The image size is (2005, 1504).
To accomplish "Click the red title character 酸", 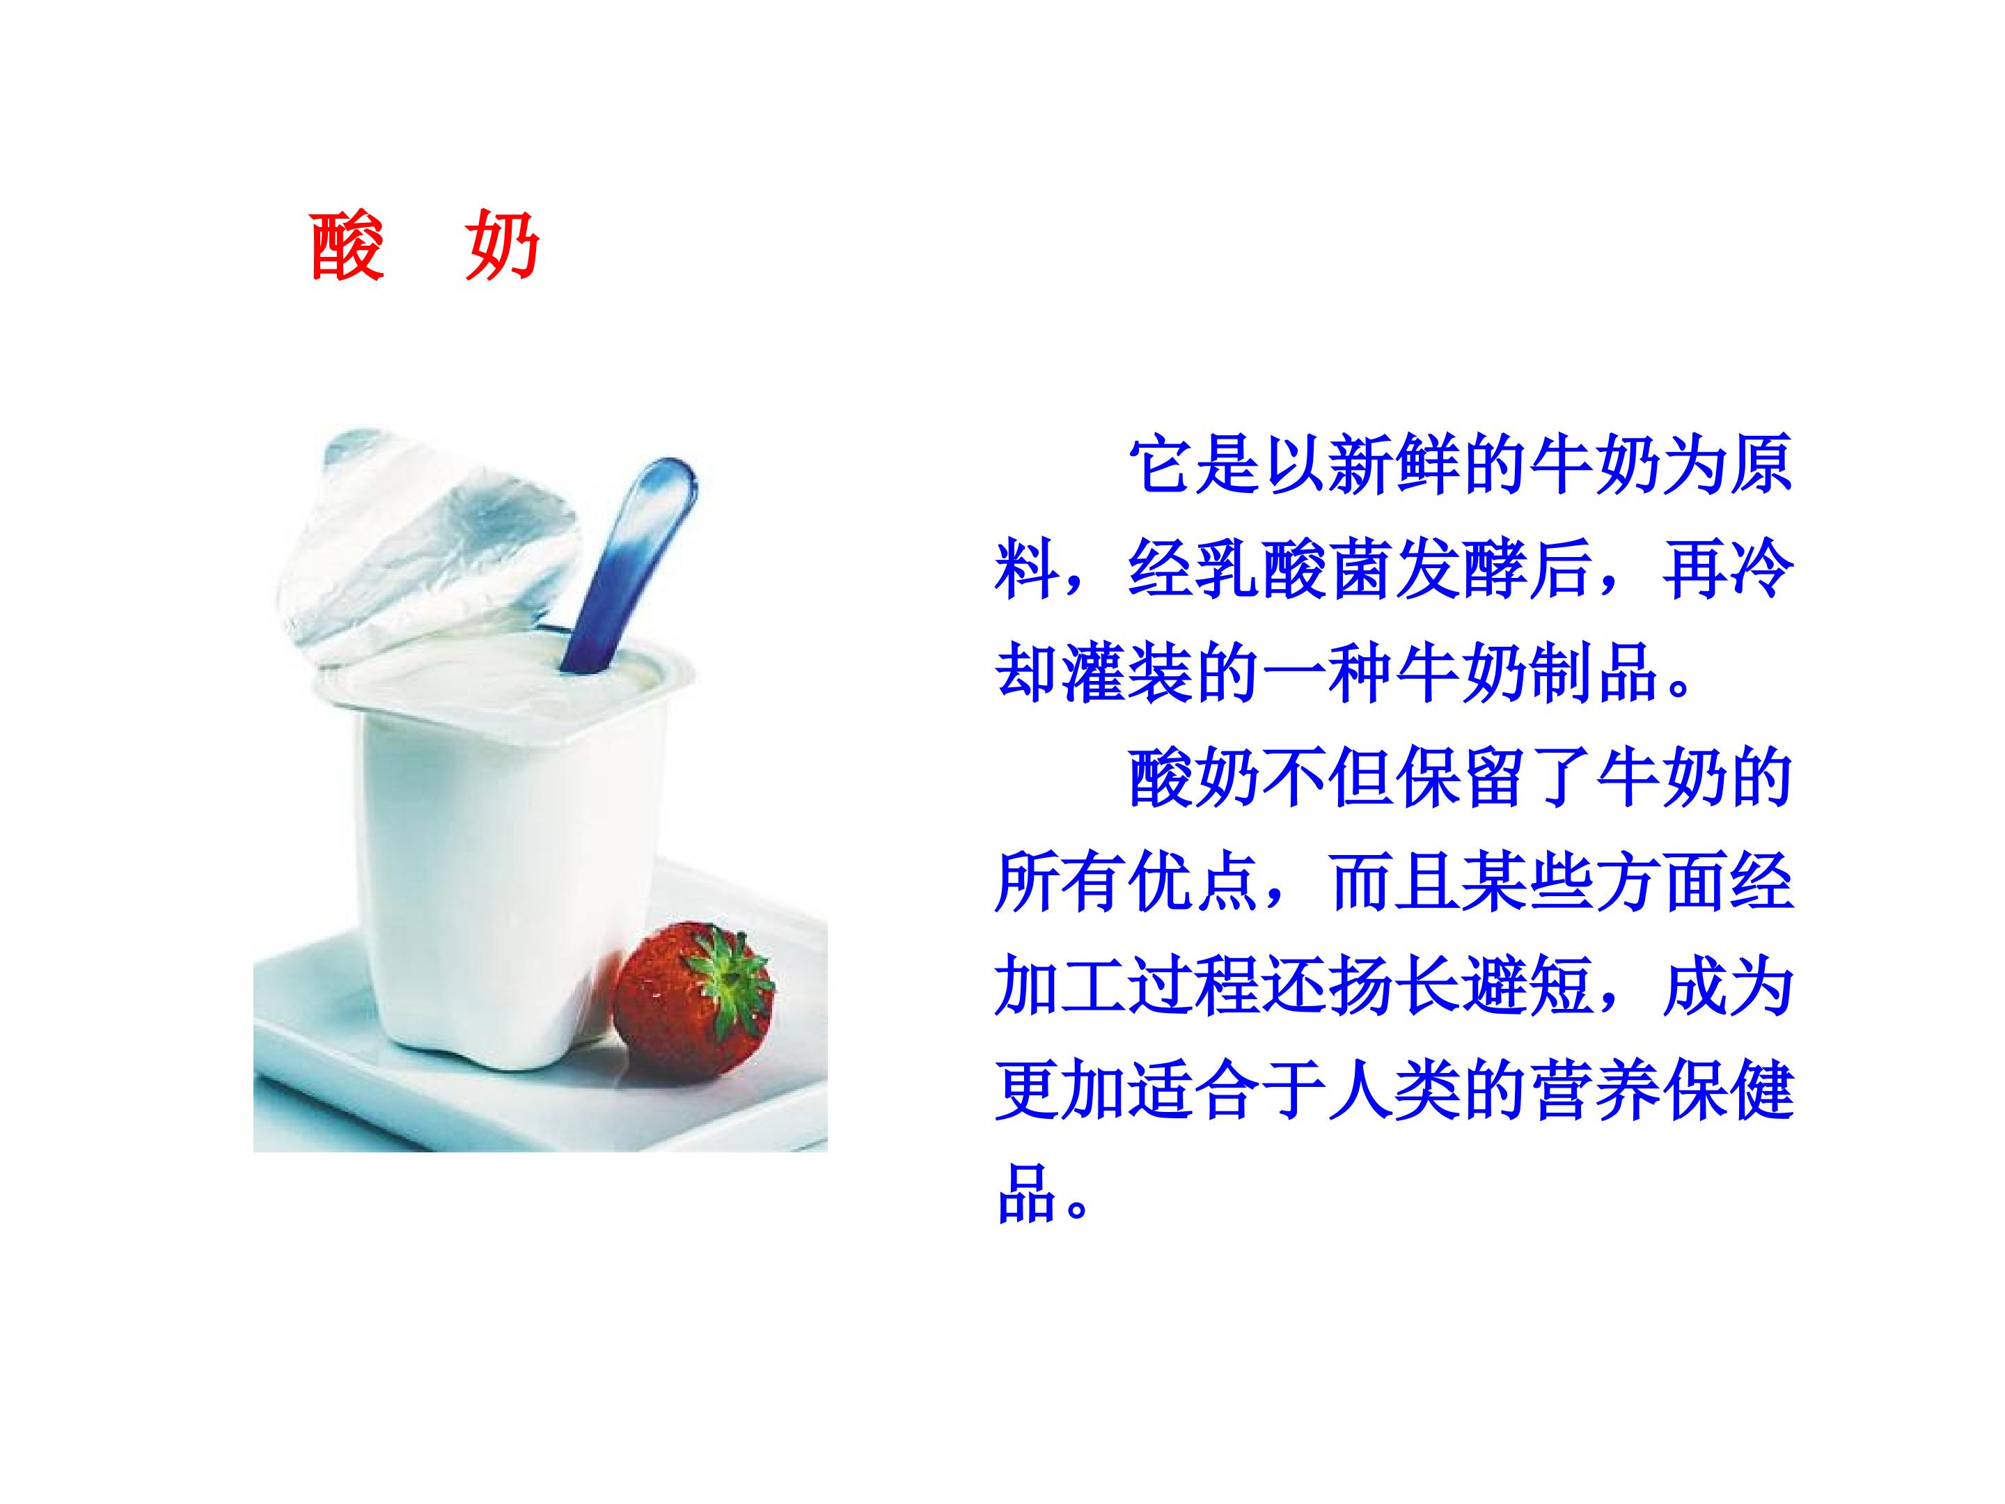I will [x=346, y=246].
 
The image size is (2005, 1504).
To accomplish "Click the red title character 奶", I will [x=503, y=246].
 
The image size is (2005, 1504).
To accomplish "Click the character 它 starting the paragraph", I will [x=1162, y=465].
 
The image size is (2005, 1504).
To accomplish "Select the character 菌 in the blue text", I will [x=1363, y=570].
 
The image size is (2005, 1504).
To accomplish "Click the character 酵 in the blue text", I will [x=1497, y=570].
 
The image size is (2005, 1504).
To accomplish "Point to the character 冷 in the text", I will [x=1763, y=570].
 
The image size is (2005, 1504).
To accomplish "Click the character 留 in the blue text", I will [x=1497, y=778].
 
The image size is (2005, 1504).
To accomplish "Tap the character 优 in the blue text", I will [x=1162, y=883].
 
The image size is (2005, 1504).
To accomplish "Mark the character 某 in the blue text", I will [x=1497, y=883].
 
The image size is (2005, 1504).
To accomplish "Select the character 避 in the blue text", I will [x=1497, y=987].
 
